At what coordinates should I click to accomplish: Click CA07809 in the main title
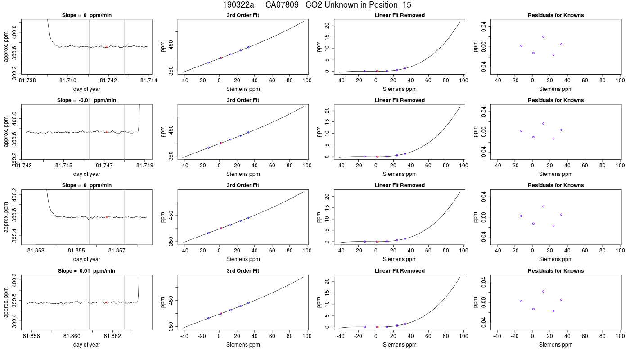pos(282,5)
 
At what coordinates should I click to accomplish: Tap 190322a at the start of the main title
pos(238,5)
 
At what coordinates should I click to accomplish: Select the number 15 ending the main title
pos(407,5)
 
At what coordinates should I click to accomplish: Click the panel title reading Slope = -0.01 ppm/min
pos(86,100)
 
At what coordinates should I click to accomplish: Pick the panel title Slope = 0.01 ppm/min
pos(86,271)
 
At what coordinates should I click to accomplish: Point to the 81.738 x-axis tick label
pos(27,81)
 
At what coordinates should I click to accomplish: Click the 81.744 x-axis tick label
pos(148,81)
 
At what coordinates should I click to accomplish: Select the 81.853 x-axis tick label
pos(36,251)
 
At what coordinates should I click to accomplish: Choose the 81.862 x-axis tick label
pos(112,336)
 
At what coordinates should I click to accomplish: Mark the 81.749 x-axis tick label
pos(145,166)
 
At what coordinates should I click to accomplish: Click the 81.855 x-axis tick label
pos(76,251)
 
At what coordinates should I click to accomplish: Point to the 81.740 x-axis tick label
pos(68,81)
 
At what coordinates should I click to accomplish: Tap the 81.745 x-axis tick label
pos(64,166)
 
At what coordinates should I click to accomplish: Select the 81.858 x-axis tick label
pos(31,336)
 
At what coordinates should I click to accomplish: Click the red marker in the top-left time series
pos(107,47)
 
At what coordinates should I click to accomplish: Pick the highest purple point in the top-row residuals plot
pos(544,37)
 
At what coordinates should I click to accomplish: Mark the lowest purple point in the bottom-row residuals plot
pos(553,311)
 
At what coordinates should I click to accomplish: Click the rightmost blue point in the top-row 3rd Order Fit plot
pos(248,47)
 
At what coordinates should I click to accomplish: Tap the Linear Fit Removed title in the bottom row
pos(400,271)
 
